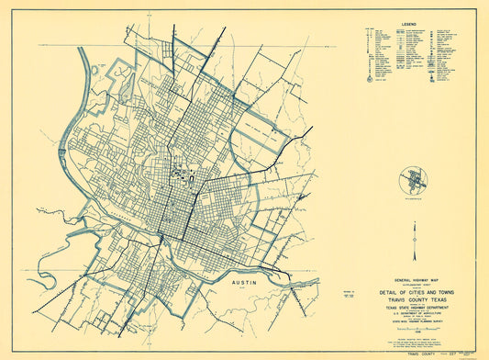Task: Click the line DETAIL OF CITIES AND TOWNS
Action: pyautogui.click(x=412, y=290)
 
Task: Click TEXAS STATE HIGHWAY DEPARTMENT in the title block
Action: pyautogui.click(x=412, y=309)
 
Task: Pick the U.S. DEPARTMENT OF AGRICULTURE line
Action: pyautogui.click(x=412, y=317)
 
